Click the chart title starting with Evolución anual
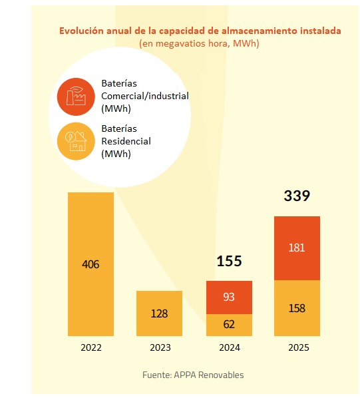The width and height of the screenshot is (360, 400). tap(200, 31)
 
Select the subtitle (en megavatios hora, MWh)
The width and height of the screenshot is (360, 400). tap(199, 43)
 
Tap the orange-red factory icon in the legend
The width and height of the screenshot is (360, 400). tap(75, 97)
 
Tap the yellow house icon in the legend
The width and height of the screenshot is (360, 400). tap(75, 142)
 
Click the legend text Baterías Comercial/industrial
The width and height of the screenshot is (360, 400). tap(144, 97)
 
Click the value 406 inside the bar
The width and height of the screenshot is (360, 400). tap(90, 264)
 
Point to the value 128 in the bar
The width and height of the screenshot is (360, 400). tap(160, 313)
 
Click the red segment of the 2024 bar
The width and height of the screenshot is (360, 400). tap(229, 297)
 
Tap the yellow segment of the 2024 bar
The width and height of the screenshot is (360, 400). tap(229, 325)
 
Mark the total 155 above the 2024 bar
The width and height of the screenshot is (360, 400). tap(229, 261)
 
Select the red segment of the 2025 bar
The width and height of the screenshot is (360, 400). tap(297, 248)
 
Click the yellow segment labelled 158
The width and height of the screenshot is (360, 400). tap(297, 308)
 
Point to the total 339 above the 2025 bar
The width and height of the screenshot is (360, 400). tap(297, 196)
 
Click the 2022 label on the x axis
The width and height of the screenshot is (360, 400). tap(91, 347)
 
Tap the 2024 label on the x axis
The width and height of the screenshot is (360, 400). tap(229, 347)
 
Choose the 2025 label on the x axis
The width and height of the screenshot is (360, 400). tap(297, 347)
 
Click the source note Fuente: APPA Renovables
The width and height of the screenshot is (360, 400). tap(193, 375)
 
